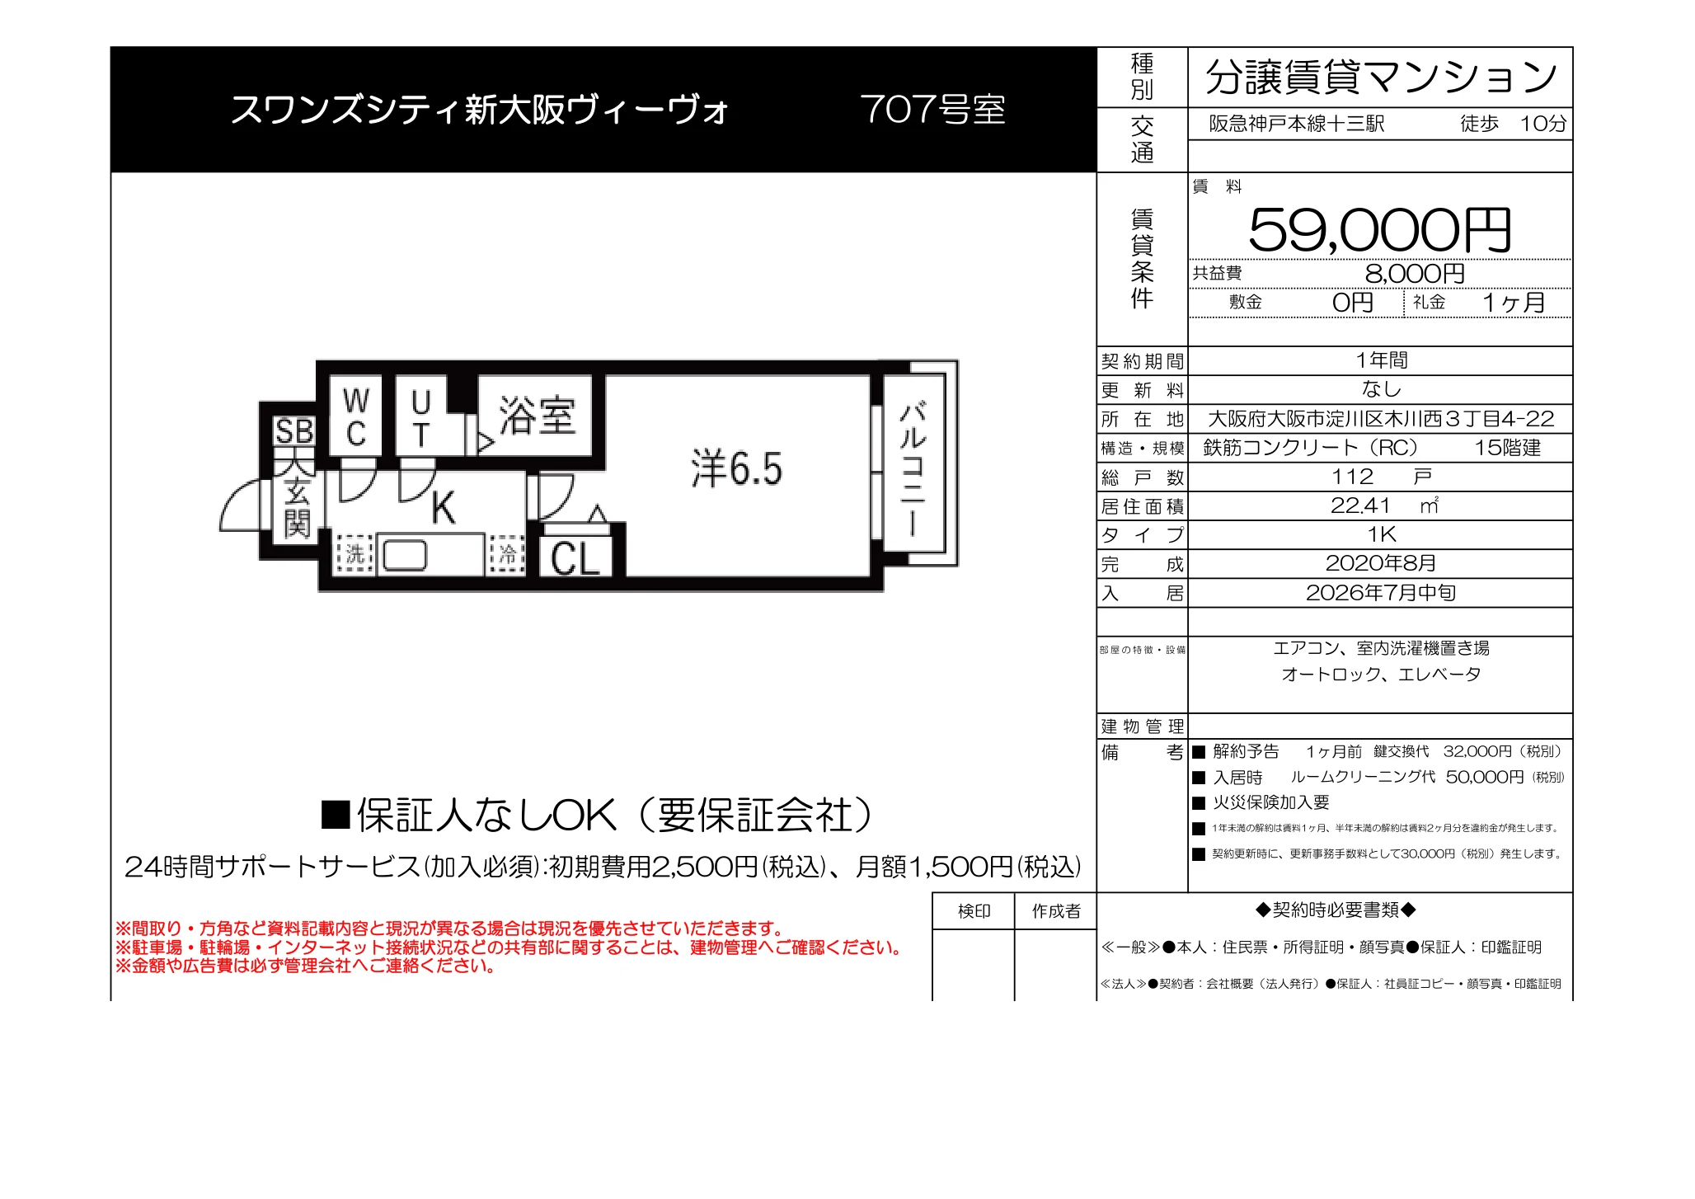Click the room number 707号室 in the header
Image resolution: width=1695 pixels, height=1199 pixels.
932,110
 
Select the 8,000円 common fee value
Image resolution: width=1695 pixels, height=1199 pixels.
1415,273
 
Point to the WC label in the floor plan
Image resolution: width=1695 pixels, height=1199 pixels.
356,417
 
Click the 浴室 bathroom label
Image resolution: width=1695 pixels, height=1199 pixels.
537,415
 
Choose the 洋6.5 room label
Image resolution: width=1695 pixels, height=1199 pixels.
736,468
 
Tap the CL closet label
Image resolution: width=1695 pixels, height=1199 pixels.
575,558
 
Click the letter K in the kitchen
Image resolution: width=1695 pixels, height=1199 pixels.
444,507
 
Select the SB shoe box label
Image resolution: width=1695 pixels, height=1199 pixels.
294,431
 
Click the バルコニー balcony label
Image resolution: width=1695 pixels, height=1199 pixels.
913,468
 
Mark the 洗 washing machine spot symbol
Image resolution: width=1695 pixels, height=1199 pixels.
354,553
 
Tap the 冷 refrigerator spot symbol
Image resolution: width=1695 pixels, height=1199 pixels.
507,553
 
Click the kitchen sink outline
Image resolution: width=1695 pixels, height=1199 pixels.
404,555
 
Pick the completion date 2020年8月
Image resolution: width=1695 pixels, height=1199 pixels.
1381,563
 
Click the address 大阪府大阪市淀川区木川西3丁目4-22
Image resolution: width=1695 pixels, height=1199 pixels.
1381,419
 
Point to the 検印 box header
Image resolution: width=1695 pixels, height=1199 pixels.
974,911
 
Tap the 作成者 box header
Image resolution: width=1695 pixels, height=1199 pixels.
1056,911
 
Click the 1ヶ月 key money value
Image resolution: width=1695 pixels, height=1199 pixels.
1514,303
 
